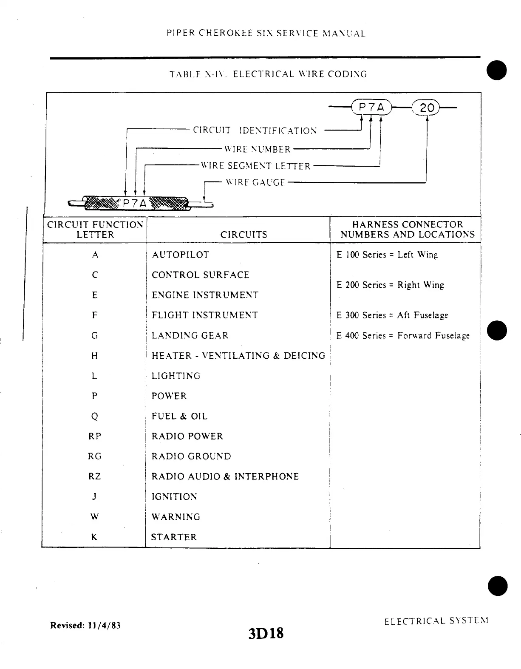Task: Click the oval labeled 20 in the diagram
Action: click(426, 108)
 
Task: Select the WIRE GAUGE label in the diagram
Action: click(255, 182)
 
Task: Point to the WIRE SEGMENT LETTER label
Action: click(256, 166)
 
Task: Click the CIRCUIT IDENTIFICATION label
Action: click(255, 130)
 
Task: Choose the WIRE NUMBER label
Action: click(258, 149)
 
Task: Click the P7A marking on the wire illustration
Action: click(134, 204)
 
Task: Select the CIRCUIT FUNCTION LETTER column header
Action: click(95, 230)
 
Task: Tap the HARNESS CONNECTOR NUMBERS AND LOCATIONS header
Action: click(407, 230)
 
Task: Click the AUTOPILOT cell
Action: click(181, 255)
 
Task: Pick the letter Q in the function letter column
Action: click(95, 417)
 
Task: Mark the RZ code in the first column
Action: click(95, 476)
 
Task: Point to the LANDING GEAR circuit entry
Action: click(190, 336)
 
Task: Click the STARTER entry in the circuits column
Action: click(174, 537)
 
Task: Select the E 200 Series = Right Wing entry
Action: click(390, 285)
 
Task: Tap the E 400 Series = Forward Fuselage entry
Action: click(403, 336)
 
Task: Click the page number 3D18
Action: click(266, 633)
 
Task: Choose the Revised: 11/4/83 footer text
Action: click(85, 625)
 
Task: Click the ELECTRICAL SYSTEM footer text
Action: click(436, 621)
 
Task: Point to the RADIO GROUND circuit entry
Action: click(191, 456)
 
